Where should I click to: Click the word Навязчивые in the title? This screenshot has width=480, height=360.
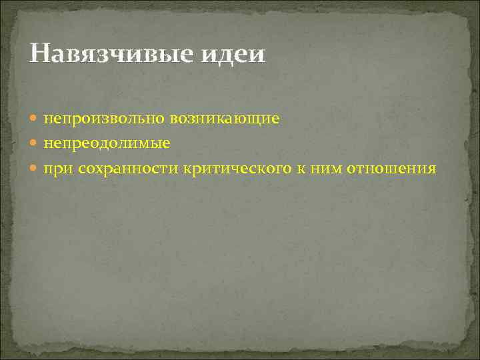click(105, 53)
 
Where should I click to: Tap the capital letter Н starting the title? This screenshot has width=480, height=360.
click(39, 53)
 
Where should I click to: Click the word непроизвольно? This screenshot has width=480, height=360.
click(105, 119)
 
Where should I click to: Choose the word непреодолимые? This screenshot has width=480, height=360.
click(107, 144)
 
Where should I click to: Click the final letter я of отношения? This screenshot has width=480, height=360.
click(432, 169)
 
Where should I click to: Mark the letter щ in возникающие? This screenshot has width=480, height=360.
click(260, 119)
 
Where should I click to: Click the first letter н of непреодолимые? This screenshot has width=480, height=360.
click(48, 144)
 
